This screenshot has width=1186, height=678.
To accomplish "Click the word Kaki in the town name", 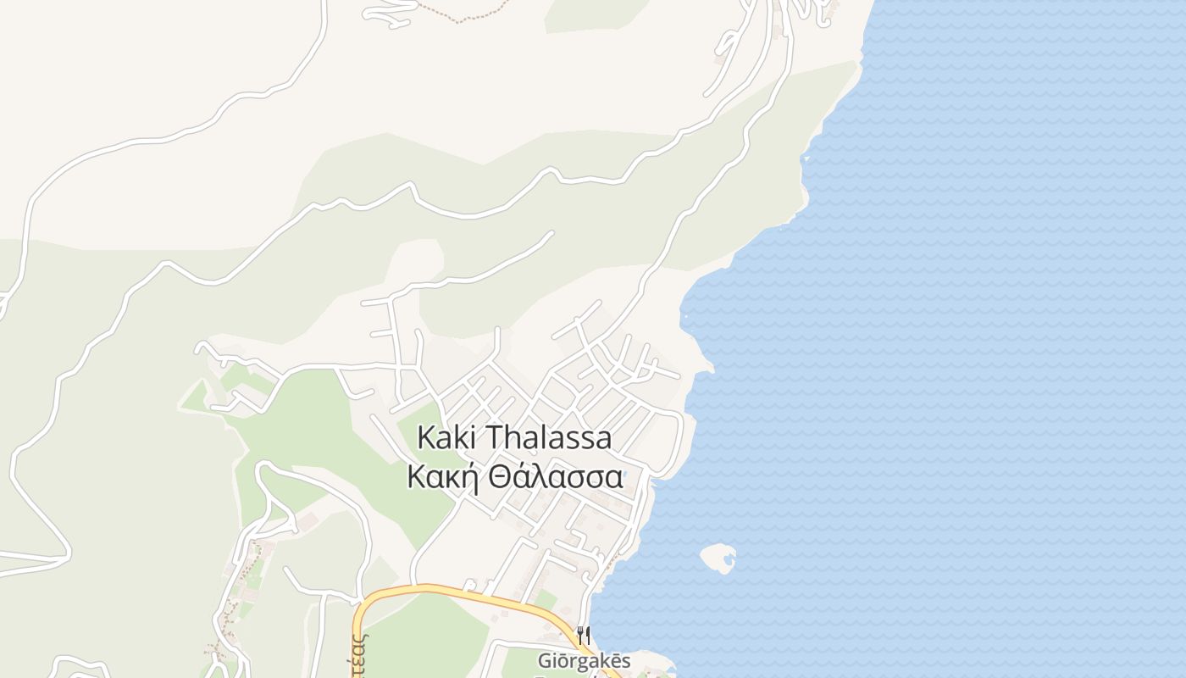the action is [x=448, y=438].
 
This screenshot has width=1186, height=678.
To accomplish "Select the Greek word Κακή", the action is [x=436, y=477].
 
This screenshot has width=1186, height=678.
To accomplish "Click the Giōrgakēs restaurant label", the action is [x=584, y=660].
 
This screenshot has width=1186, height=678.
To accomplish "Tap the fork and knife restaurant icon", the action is [x=583, y=634].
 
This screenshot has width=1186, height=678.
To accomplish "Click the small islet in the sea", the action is [x=718, y=557].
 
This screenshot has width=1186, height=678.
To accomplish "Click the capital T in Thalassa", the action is [x=495, y=438].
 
